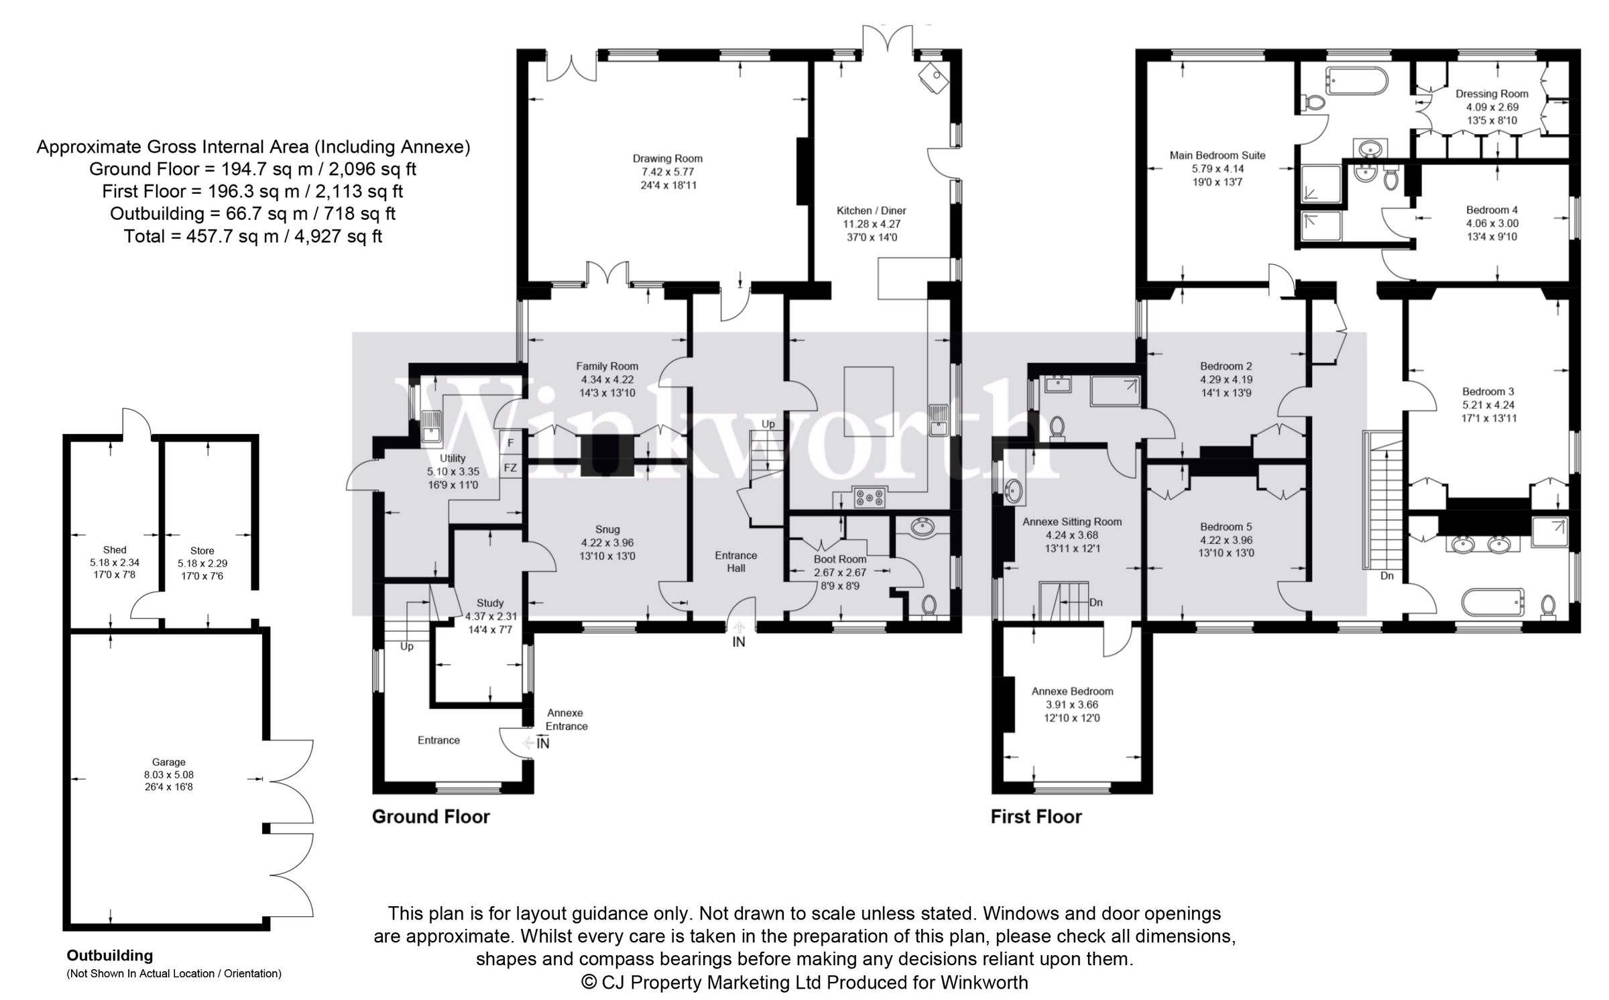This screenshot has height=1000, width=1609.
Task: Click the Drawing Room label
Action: click(667, 159)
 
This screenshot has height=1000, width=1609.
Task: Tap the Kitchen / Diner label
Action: click(871, 211)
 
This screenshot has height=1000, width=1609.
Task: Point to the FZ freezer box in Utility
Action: click(510, 467)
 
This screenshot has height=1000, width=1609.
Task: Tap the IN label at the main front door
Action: click(738, 643)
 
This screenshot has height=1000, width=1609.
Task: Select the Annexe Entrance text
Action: click(566, 719)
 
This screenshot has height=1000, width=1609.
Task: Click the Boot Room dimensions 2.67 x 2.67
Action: click(840, 573)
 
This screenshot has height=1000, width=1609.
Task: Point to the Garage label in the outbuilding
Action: click(168, 762)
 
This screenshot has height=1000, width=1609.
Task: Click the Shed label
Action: click(115, 550)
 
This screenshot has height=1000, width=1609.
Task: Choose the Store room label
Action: click(202, 551)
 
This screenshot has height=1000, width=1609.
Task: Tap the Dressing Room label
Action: click(1492, 94)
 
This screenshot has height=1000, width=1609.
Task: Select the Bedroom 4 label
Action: click(1491, 210)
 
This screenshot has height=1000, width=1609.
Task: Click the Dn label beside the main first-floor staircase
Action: click(1386, 575)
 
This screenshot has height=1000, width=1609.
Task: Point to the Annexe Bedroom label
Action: click(1072, 691)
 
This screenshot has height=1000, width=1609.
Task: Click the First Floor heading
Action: click(1036, 816)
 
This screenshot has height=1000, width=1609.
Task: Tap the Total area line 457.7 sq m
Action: click(253, 236)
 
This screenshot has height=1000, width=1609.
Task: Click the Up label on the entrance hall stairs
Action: click(768, 424)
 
